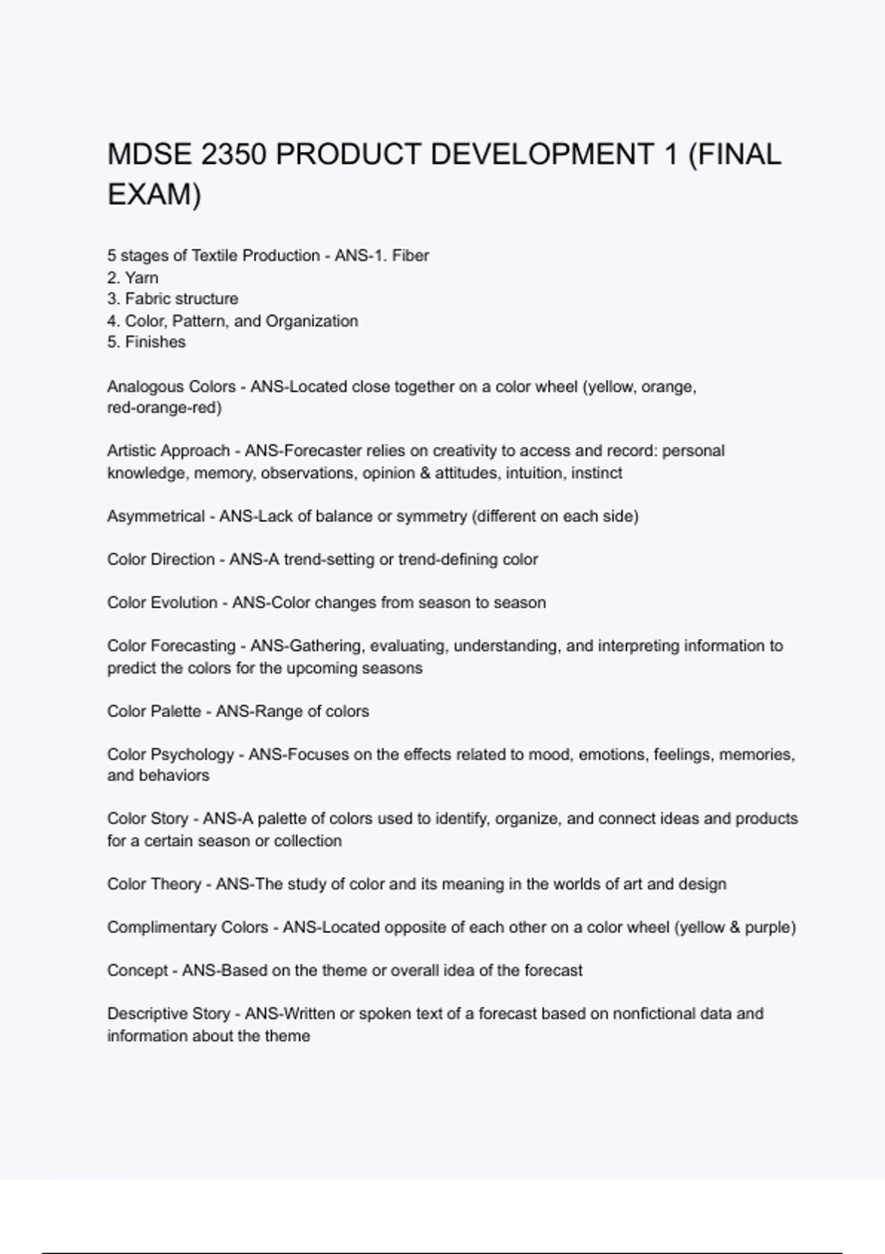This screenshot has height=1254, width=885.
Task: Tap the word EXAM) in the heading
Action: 154,195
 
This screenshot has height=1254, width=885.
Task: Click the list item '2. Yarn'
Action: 133,277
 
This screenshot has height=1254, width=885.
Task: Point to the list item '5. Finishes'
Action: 146,342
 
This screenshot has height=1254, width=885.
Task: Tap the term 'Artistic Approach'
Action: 168,451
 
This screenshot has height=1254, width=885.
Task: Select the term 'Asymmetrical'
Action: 156,516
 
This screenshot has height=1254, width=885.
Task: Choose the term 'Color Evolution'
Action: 162,603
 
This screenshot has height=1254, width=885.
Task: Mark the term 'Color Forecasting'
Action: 171,646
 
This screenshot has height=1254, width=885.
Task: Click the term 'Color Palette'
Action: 153,711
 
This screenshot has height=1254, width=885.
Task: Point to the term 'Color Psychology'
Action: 170,755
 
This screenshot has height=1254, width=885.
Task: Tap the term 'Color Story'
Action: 147,819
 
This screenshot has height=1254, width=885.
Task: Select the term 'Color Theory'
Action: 153,884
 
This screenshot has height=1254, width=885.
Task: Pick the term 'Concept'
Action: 137,970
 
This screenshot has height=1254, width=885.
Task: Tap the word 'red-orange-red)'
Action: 164,408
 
